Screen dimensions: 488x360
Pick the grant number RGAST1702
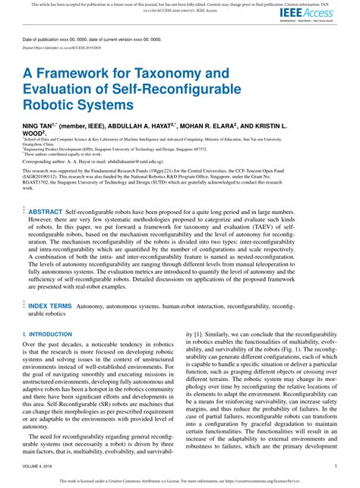pyautogui.click(x=39, y=182)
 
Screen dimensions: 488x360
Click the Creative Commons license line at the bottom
pyautogui.click(x=179, y=480)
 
